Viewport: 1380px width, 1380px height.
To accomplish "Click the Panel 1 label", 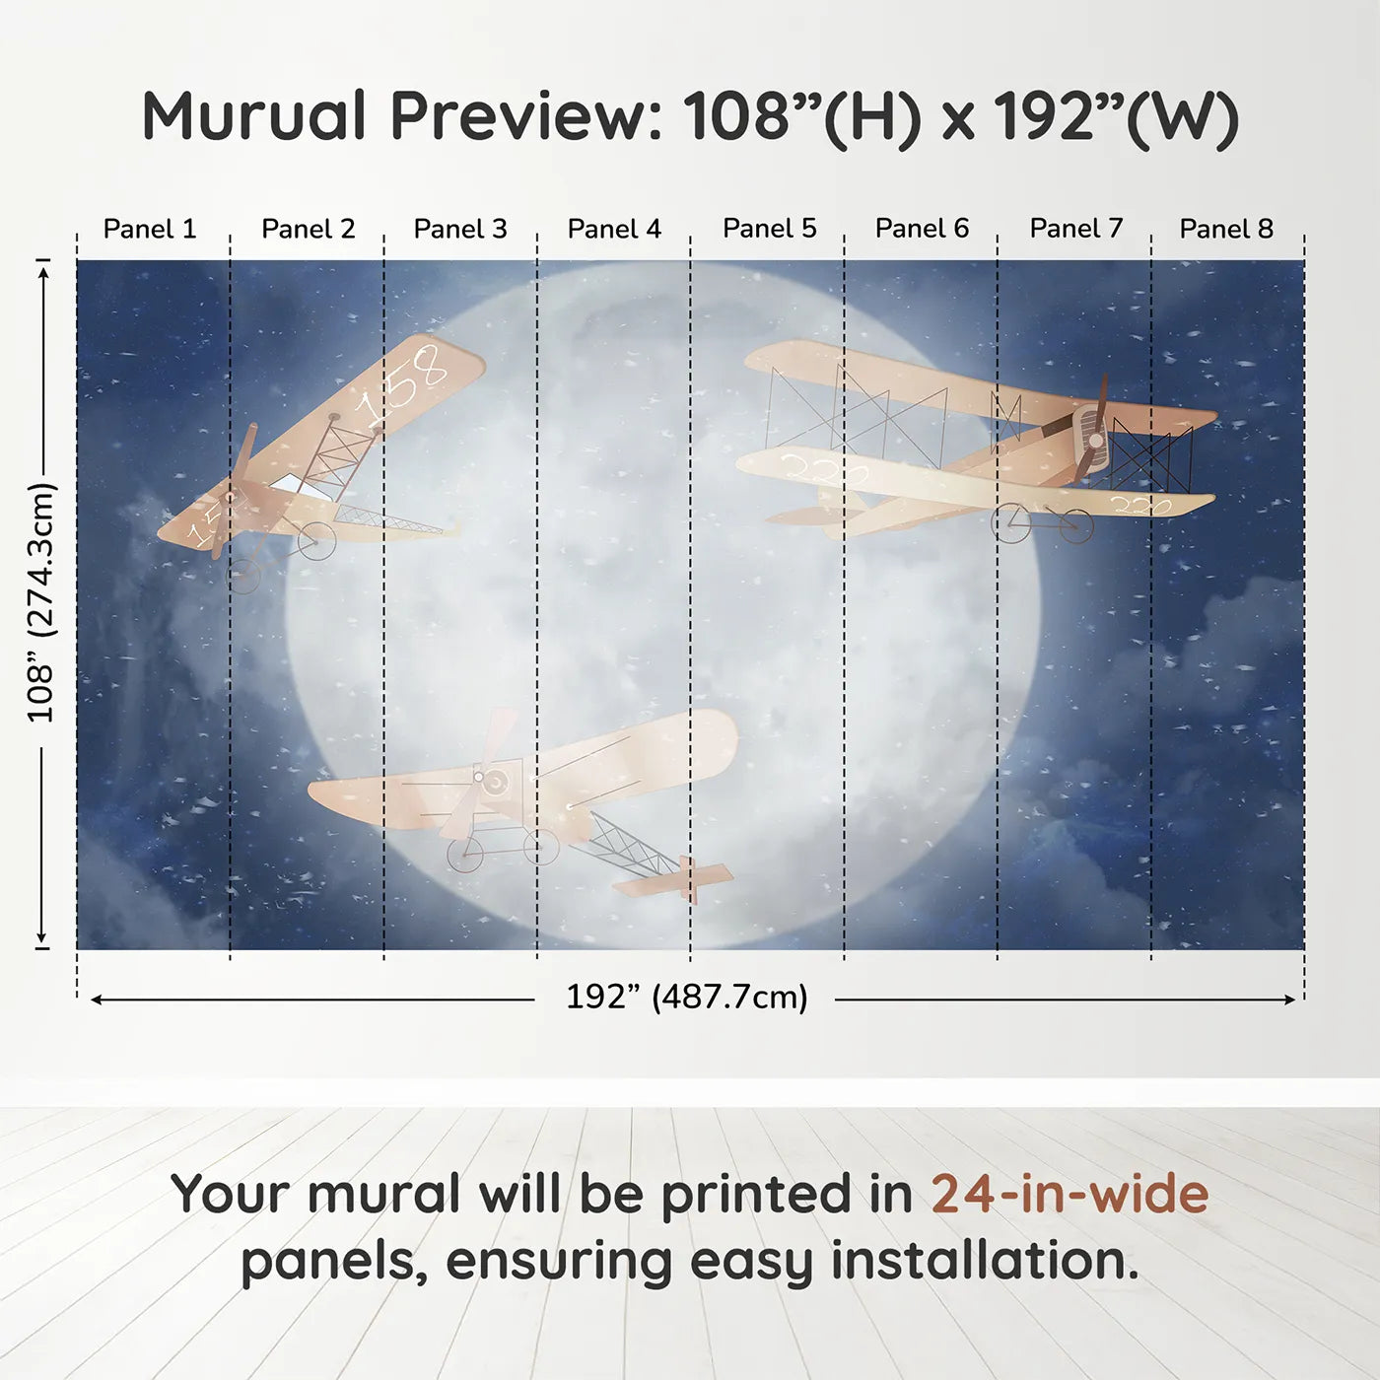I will [150, 229].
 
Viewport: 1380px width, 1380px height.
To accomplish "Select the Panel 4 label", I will [614, 229].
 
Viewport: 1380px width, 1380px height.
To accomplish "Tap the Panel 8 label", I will [1226, 229].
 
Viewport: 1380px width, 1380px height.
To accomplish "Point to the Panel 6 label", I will [922, 229].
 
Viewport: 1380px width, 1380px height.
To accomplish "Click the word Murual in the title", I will [254, 116].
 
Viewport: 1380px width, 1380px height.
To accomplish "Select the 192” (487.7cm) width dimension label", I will [686, 997].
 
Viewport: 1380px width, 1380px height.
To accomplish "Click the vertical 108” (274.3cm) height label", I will [41, 602].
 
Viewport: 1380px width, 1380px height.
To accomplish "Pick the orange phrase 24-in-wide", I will [1069, 1194].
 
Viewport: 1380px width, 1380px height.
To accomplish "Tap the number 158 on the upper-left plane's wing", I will [404, 383].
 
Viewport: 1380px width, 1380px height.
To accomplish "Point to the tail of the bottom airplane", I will [695, 878].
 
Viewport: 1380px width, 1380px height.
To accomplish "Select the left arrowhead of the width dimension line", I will [97, 1000].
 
